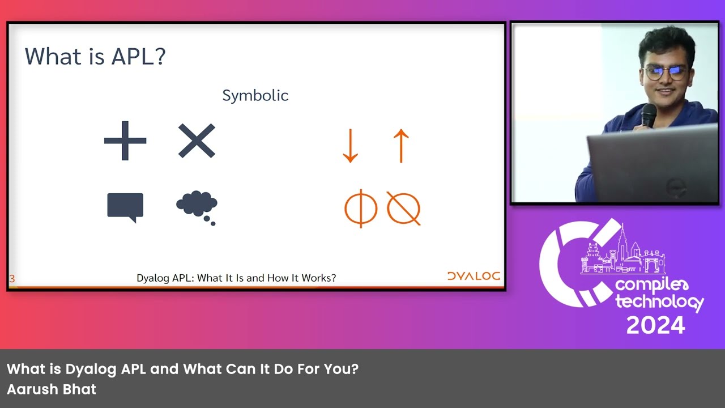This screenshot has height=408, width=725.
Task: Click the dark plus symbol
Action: [125, 141]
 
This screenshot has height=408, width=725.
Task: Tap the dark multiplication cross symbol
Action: [197, 141]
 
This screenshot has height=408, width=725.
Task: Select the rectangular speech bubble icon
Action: [125, 207]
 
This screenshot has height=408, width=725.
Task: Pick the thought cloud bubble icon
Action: [197, 205]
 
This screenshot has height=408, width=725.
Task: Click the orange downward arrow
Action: [350, 146]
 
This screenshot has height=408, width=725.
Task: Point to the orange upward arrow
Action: [401, 146]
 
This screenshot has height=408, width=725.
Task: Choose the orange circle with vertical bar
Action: [361, 209]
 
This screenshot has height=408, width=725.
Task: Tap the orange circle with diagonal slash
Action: [403, 209]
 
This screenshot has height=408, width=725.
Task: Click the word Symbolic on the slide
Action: [255, 96]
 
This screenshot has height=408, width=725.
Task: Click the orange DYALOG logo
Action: [474, 277]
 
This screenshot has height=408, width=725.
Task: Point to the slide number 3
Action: [12, 279]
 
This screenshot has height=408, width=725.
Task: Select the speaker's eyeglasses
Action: [665, 72]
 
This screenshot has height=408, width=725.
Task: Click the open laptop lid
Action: [651, 164]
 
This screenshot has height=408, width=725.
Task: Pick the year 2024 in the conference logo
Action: [655, 325]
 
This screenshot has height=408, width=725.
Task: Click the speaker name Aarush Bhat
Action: [52, 389]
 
